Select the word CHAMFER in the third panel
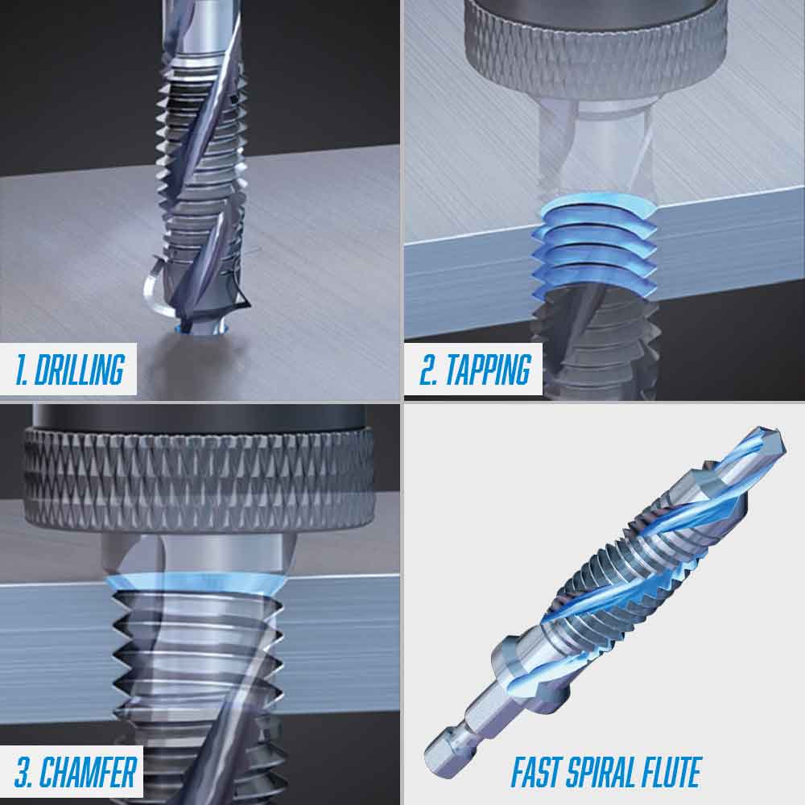[88, 772]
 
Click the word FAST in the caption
[538, 773]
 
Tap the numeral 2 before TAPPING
[427, 370]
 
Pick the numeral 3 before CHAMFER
[24, 772]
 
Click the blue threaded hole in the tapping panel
[596, 242]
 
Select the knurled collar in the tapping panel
[596, 48]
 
